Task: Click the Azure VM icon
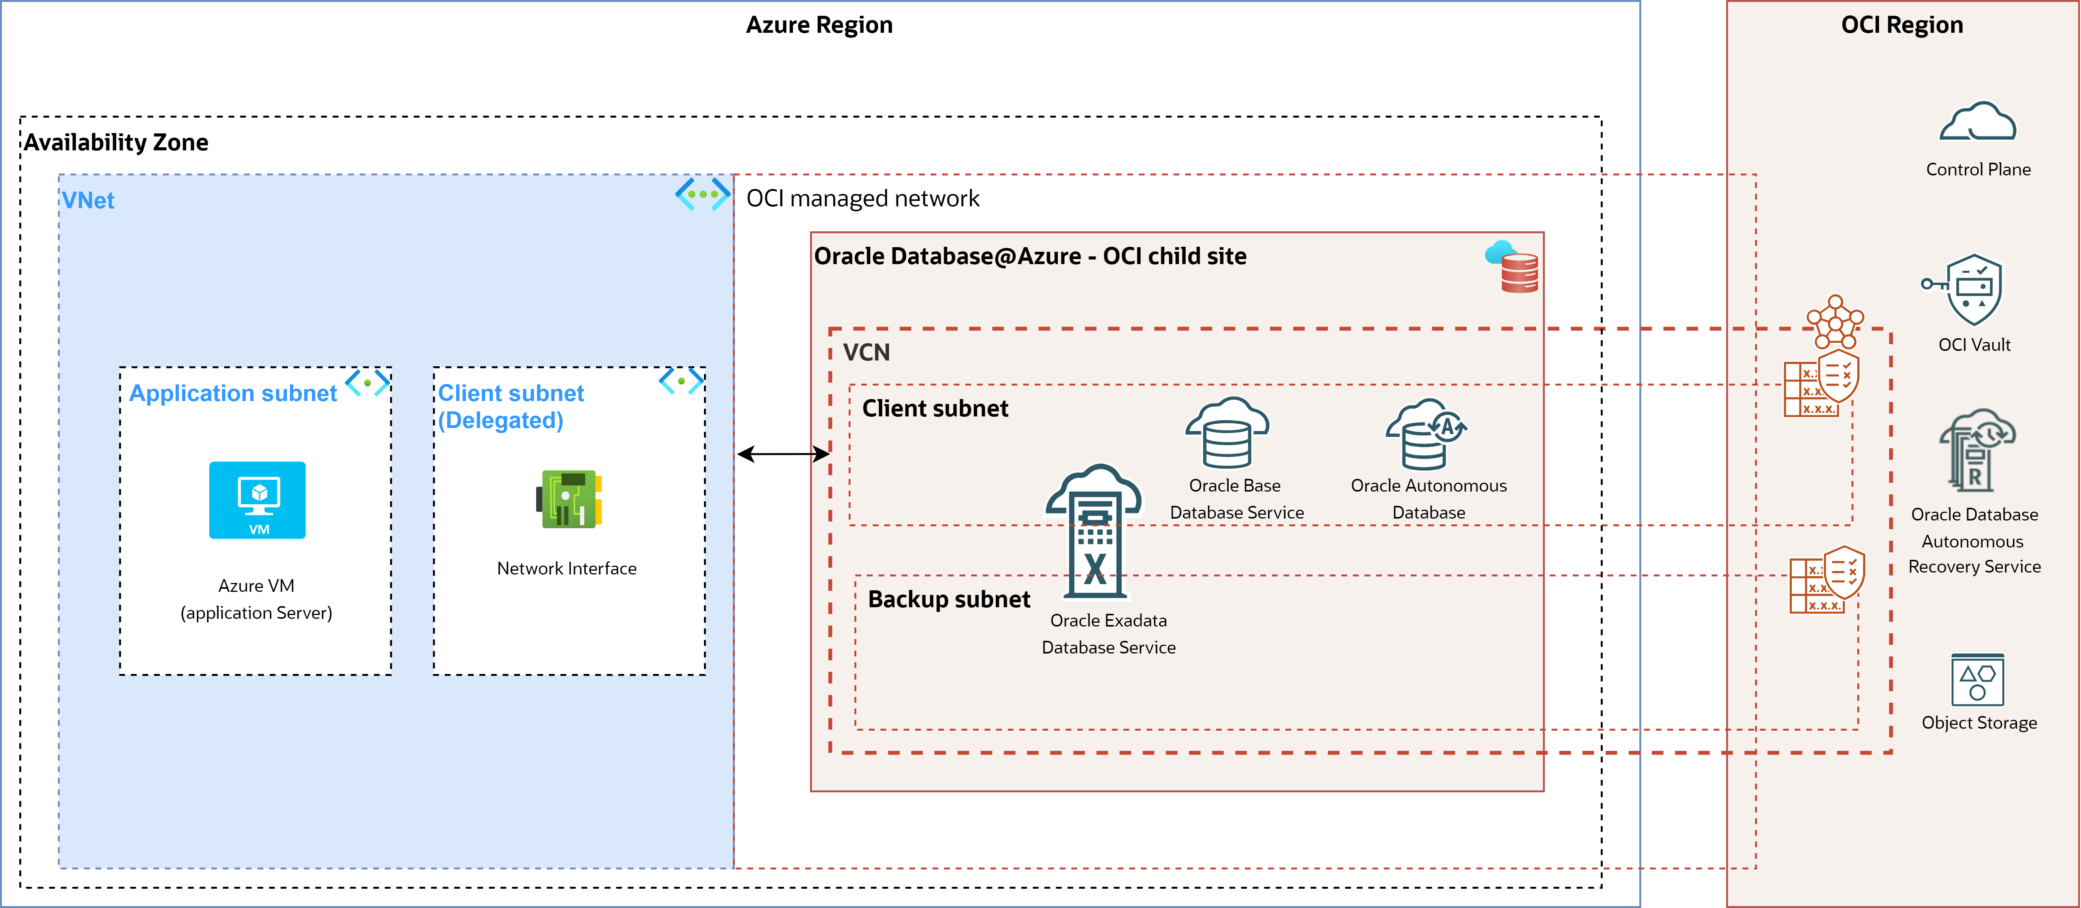point(257,500)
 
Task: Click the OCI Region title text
point(1902,25)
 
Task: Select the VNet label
point(88,200)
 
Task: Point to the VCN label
point(866,352)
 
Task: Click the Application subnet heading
point(233,393)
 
